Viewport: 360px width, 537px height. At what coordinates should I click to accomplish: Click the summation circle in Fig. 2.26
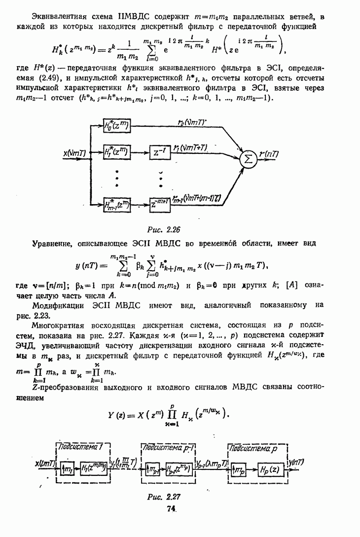[x=250, y=159]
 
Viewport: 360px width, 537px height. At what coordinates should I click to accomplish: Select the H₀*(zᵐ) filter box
[x=116, y=126]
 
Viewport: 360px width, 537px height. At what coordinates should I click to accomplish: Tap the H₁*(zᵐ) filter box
[x=116, y=153]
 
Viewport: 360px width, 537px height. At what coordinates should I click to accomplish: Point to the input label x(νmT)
[x=75, y=153]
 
